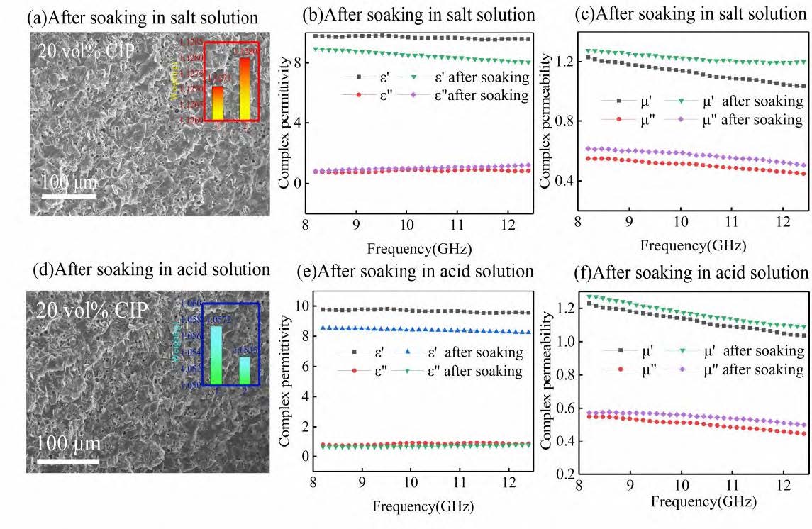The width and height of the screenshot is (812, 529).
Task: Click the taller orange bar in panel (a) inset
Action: point(244,89)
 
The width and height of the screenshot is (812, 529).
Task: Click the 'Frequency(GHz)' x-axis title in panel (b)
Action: point(419,248)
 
